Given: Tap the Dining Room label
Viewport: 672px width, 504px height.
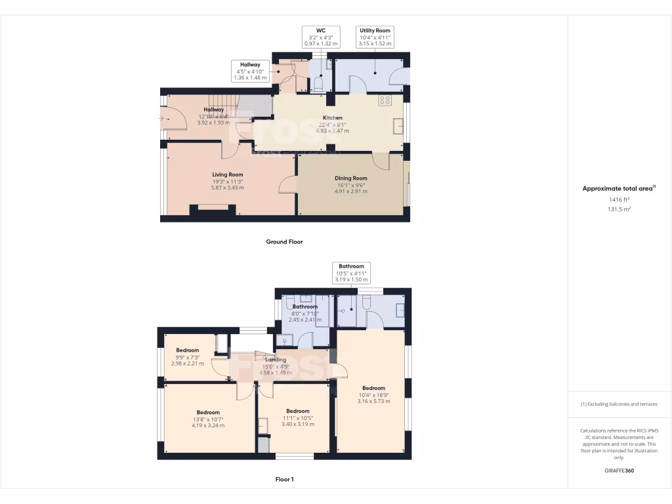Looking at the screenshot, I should pyautogui.click(x=350, y=178).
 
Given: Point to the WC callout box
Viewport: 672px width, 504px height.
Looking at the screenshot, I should pyautogui.click(x=321, y=37).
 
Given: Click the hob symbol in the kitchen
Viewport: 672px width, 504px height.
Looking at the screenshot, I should pyautogui.click(x=385, y=101).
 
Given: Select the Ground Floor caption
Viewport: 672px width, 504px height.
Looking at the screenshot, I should pyautogui.click(x=284, y=242).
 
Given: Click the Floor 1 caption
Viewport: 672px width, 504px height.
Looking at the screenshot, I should pyautogui.click(x=284, y=480).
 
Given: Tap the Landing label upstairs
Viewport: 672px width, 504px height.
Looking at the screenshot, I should pyautogui.click(x=275, y=360).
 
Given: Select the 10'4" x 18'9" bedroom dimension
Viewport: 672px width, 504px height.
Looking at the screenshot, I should pyautogui.click(x=373, y=394).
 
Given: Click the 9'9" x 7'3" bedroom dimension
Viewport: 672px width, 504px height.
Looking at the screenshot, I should pyautogui.click(x=187, y=357).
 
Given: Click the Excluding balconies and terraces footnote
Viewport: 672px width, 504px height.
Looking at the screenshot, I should pyautogui.click(x=619, y=404).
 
